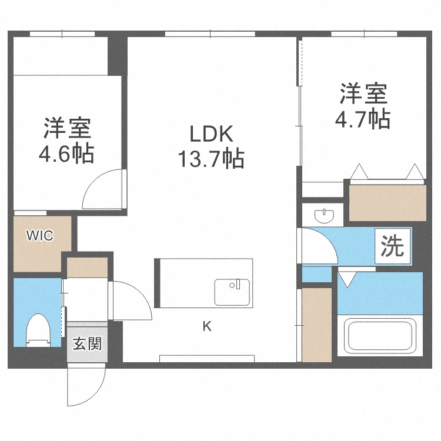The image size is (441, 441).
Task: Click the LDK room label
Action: click(x=211, y=134)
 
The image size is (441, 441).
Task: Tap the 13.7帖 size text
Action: click(x=211, y=158)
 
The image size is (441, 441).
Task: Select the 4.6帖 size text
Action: click(x=66, y=154)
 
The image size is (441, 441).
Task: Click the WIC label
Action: click(x=39, y=236)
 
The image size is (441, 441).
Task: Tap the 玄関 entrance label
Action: click(x=87, y=343)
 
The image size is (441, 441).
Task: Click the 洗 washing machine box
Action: click(x=393, y=246)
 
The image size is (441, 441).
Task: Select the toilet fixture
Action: click(x=38, y=330)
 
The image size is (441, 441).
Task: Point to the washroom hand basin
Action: click(x=323, y=215)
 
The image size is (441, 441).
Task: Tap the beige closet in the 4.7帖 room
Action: click(x=387, y=202)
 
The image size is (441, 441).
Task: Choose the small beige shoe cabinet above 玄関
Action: click(x=87, y=268)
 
